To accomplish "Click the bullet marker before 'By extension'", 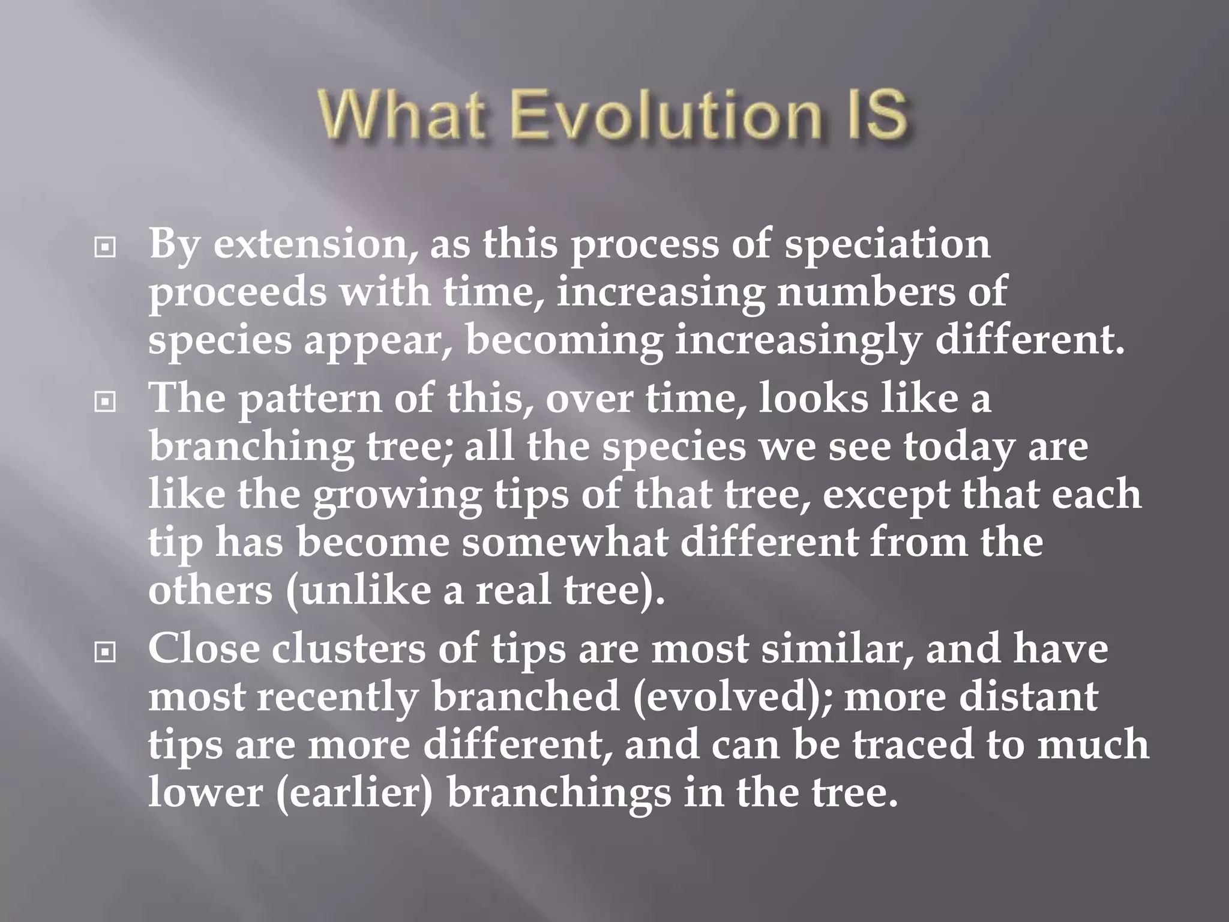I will pyautogui.click(x=106, y=247).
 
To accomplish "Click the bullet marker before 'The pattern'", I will pyautogui.click(x=106, y=402).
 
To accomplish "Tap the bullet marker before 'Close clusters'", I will pyautogui.click(x=106, y=652).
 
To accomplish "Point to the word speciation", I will pyautogui.click(x=888, y=246).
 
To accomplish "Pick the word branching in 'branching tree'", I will pyautogui.click(x=252, y=448).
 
